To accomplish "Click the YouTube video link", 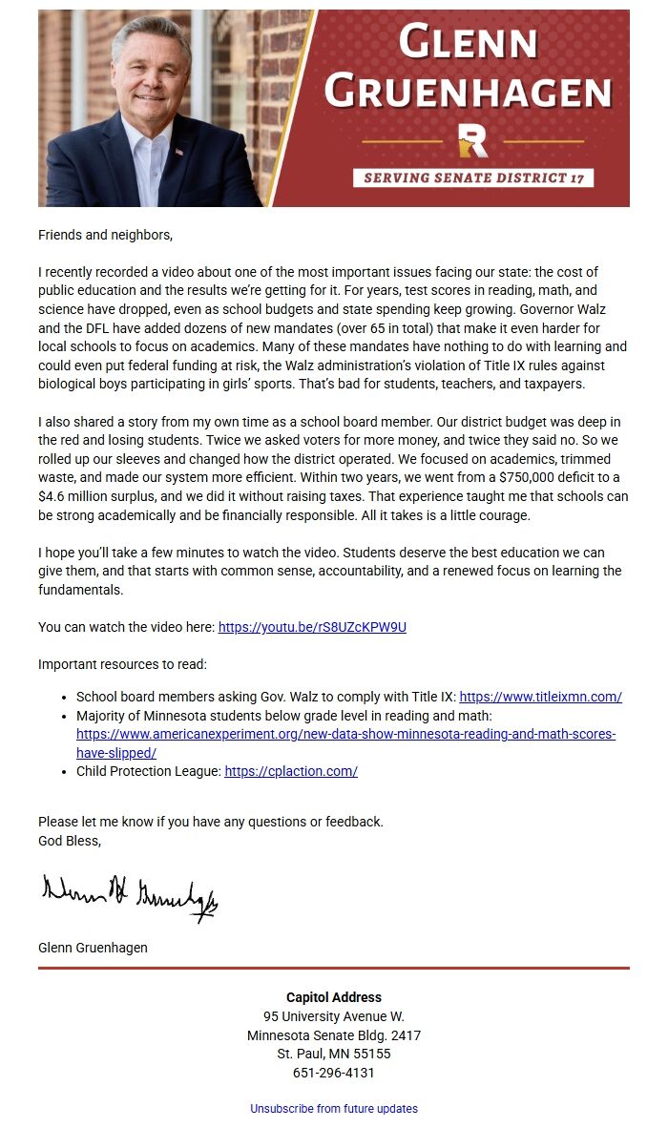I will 312,627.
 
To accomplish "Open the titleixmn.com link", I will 540,697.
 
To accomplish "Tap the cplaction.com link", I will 291,771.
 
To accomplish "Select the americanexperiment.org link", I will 345,735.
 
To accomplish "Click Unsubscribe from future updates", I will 334,1109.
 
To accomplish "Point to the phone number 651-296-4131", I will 334,1073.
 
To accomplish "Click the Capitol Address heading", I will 334,997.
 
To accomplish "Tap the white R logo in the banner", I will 473,140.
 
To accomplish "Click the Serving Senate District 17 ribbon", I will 473,178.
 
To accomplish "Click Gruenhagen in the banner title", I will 468,92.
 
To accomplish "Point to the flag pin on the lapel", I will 178,151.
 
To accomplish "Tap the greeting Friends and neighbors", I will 106,234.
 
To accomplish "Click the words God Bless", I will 69,841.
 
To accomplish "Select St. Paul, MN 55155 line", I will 334,1054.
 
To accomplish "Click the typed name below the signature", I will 93,948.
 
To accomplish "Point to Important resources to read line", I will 122,664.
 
